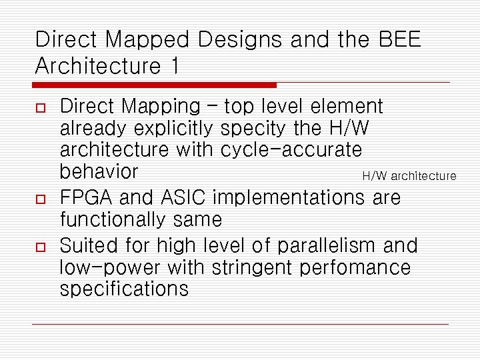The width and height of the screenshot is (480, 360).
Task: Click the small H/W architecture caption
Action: click(x=409, y=176)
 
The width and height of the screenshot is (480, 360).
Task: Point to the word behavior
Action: click(x=99, y=171)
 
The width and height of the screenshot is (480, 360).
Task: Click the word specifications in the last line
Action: click(x=124, y=289)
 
